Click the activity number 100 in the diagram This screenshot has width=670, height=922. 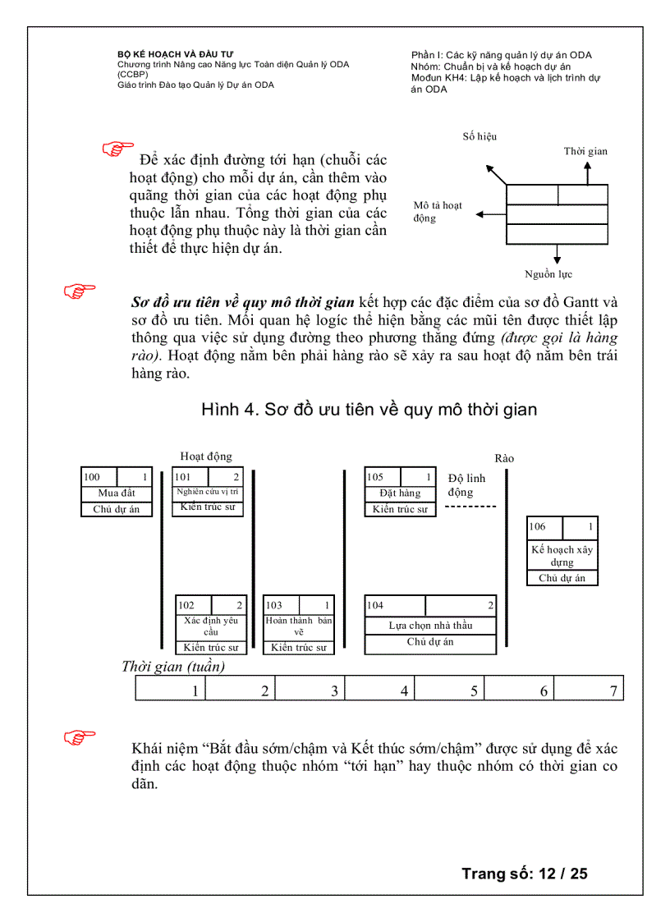92,477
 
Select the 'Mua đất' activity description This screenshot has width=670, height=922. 117,493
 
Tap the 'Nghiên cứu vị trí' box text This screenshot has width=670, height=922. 208,492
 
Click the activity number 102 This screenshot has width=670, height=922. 186,606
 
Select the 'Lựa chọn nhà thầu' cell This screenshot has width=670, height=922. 430,626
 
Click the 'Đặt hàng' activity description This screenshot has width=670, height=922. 400,493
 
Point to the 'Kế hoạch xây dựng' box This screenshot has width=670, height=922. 562,556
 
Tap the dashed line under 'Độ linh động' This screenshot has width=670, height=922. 470,507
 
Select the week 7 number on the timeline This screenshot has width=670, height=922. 613,691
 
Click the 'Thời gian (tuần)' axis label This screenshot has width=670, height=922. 173,667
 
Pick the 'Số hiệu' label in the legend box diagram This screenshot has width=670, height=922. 480,137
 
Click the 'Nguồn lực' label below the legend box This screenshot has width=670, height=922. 548,274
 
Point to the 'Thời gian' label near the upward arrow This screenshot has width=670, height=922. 585,151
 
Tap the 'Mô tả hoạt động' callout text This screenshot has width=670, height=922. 438,212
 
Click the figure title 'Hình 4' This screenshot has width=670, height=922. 369,409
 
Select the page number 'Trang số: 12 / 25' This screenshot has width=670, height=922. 524,873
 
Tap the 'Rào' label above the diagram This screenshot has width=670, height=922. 504,458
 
